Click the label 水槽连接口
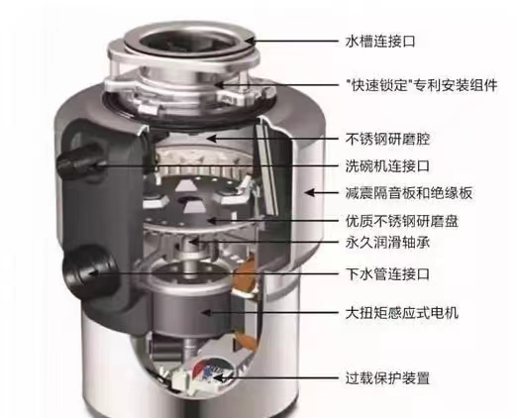[380, 42]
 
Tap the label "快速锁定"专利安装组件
[422, 85]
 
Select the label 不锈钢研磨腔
[387, 139]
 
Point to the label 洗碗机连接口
[387, 165]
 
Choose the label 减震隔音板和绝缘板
[409, 193]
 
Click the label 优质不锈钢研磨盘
[402, 221]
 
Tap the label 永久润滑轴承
[387, 243]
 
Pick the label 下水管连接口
[387, 273]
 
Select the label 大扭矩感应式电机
[402, 312]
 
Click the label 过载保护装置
[387, 377]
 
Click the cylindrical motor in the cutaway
[190, 302]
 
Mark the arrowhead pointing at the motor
[207, 312]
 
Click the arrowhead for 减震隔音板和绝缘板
[310, 193]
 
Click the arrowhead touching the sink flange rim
[250, 42]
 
